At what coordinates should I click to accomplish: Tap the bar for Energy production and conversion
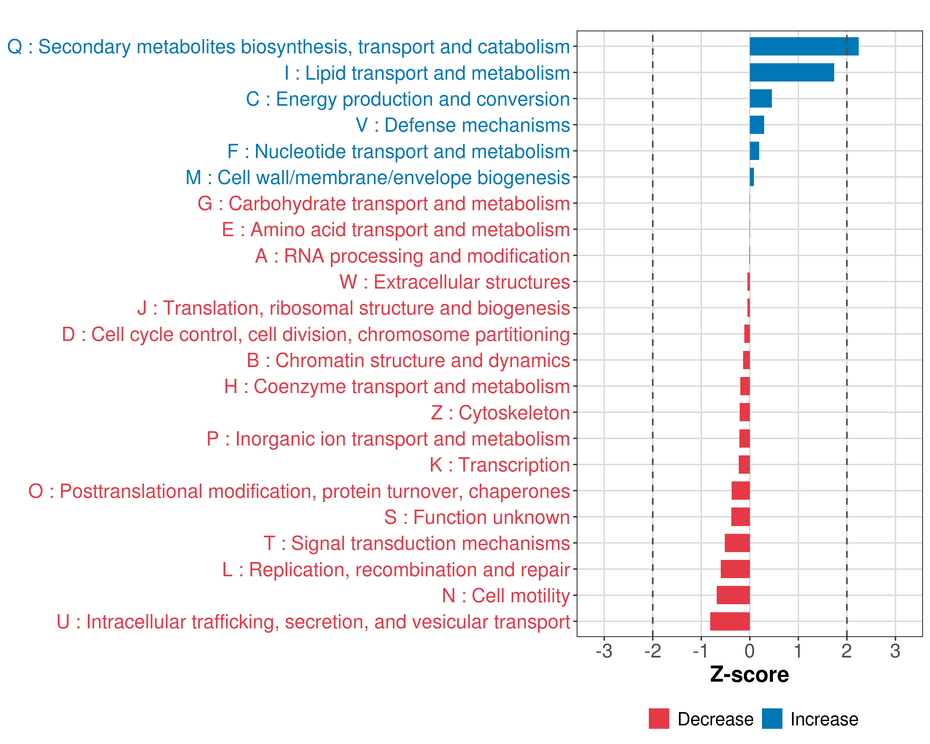point(760,99)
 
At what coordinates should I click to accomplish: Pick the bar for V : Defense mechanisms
point(757,125)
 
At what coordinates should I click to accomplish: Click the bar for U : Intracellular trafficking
point(730,622)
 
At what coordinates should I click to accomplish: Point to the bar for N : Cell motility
point(733,595)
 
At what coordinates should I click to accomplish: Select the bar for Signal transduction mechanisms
point(737,543)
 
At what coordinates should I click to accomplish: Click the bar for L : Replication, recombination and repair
point(735,569)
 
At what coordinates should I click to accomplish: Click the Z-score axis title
point(749,675)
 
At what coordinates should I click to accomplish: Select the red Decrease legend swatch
point(659,719)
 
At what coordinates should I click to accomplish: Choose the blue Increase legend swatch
point(772,719)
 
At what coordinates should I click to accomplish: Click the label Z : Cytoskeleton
point(500,413)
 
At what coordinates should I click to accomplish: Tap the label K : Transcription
point(499,465)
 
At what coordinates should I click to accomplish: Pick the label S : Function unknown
point(477,517)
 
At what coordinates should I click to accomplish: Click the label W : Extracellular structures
point(455,282)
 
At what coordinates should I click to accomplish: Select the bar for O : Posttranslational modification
point(740,491)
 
